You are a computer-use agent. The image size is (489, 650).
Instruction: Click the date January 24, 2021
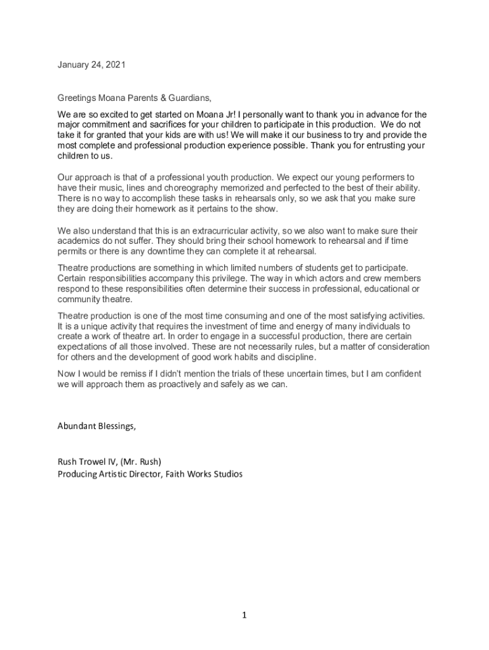(91, 64)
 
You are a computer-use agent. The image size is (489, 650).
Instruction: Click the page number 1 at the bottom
(245, 614)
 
